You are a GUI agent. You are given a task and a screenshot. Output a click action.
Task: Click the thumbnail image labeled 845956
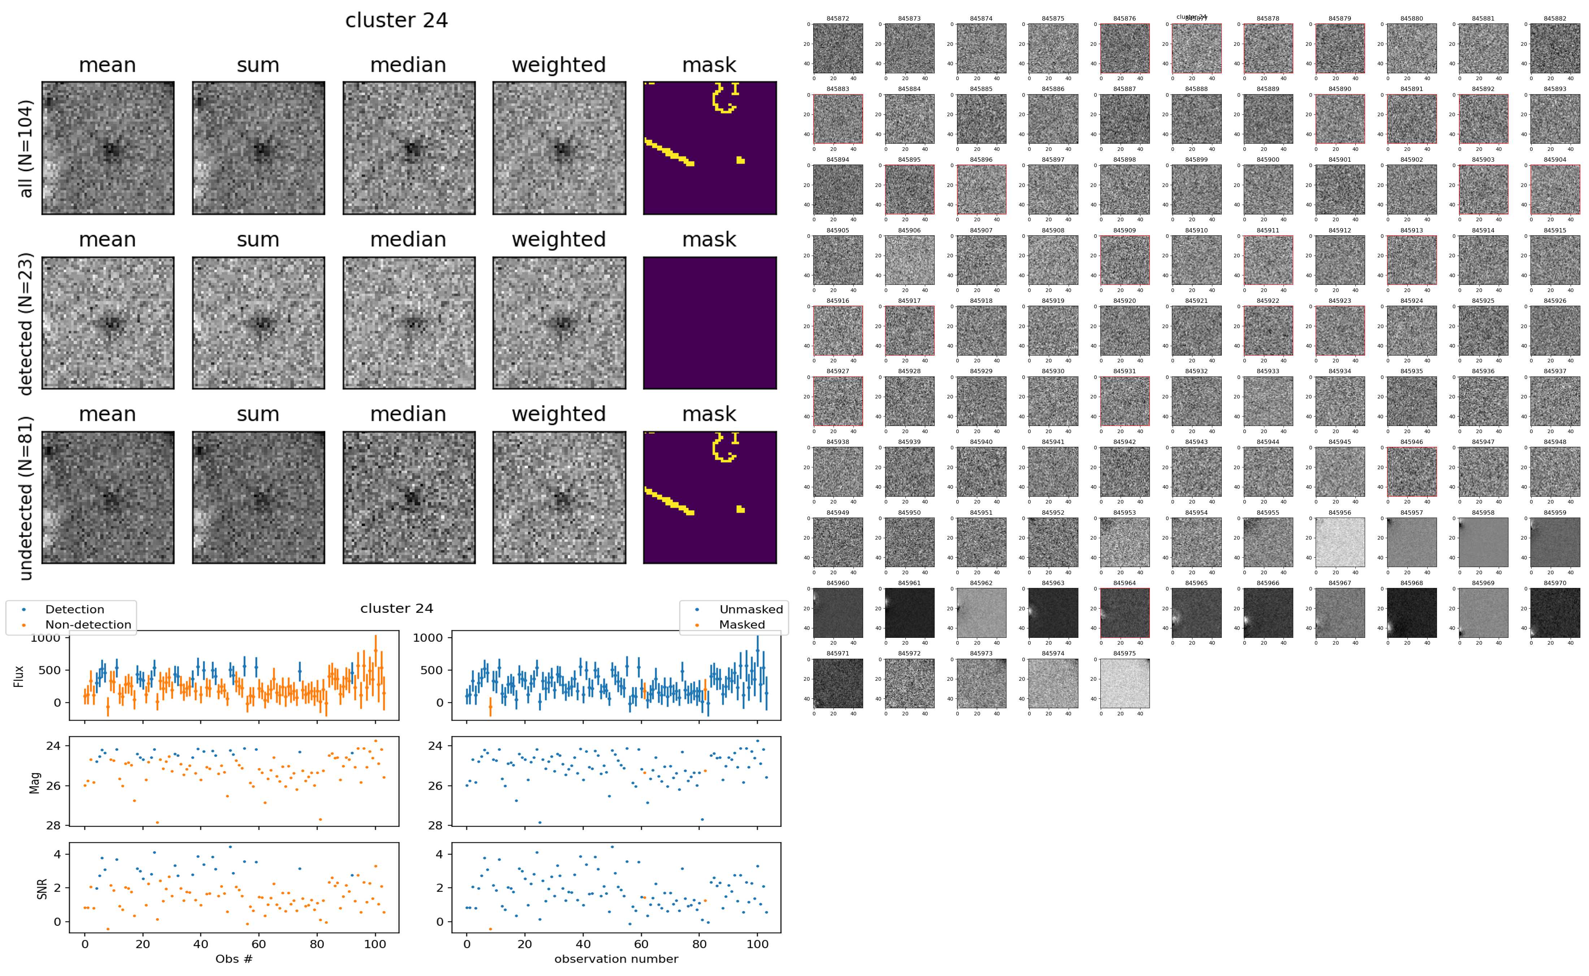coord(1340,542)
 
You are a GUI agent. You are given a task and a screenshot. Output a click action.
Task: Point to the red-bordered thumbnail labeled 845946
coord(1411,471)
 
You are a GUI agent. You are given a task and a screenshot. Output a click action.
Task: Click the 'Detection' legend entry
coord(74,609)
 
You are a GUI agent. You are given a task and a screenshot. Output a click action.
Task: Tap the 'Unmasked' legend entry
coord(751,609)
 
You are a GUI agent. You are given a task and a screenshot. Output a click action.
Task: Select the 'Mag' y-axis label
coord(35,782)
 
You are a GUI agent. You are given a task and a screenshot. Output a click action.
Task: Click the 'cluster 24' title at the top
coord(397,21)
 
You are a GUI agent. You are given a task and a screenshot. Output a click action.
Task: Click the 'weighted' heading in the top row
coord(559,65)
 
